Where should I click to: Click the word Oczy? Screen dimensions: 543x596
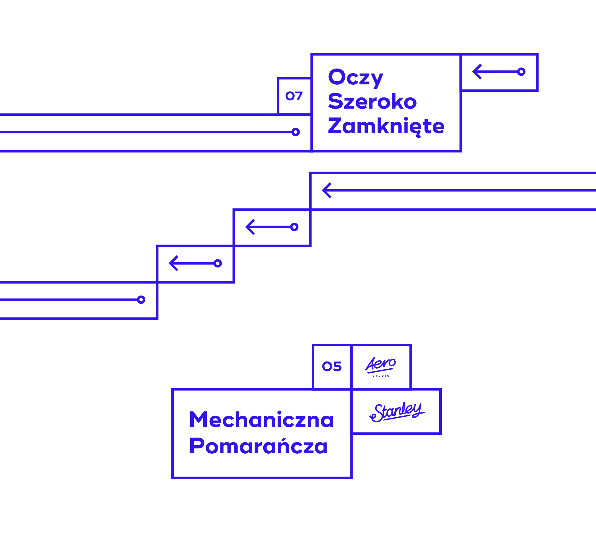tap(355, 78)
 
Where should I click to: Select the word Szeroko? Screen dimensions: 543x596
tap(372, 101)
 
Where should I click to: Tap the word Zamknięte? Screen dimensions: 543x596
tap(386, 126)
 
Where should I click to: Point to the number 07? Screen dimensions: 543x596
tap(294, 96)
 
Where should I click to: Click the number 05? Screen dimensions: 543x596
tap(332, 366)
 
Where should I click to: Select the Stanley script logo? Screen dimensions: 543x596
tap(397, 412)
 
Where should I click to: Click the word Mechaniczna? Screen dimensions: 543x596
tap(261, 420)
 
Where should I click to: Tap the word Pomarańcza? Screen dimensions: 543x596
tap(258, 446)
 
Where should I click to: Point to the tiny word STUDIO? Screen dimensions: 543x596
tap(381, 376)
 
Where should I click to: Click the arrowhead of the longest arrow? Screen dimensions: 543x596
tap(326, 191)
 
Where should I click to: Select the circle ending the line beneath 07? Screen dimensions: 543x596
tap(296, 132)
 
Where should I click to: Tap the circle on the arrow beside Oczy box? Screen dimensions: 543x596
tap(521, 72)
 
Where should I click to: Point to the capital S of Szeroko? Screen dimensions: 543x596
tap(336, 101)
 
